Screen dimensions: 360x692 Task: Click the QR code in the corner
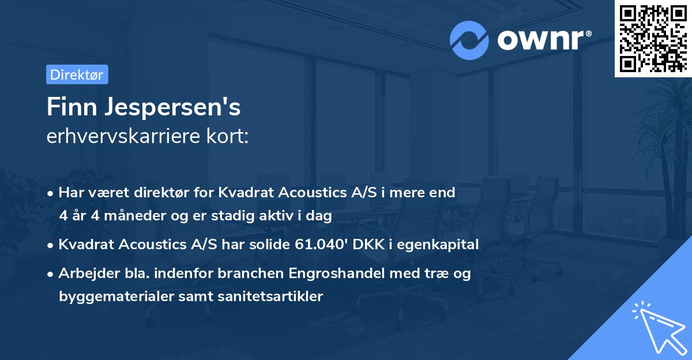(653, 39)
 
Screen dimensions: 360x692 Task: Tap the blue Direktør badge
(77, 74)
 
